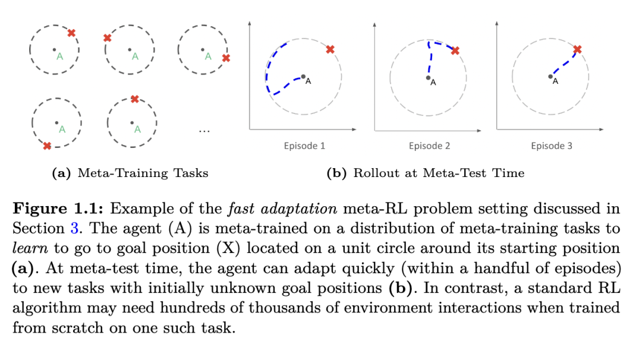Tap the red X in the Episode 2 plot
455,51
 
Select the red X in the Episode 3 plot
577,49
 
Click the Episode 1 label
304,146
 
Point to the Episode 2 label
429,146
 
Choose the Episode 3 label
552,146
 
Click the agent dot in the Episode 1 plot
303,77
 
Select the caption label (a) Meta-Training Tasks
131,173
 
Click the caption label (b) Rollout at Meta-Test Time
426,173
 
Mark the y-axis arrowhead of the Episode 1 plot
250,23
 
